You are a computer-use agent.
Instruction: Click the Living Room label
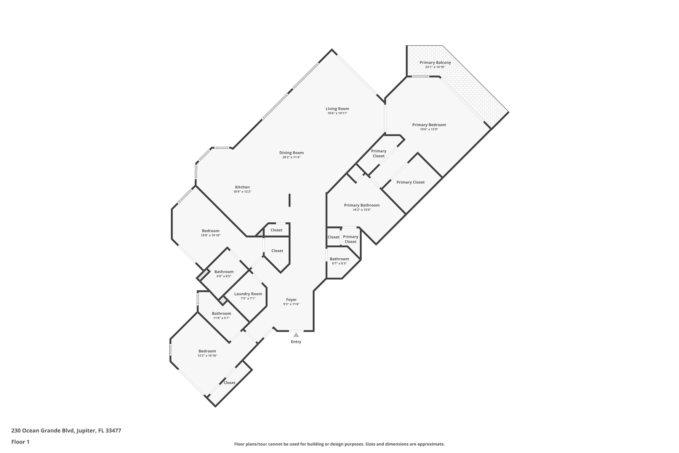click(x=337, y=109)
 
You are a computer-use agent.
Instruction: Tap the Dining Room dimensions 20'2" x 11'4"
click(x=291, y=157)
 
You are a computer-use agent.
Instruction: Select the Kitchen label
click(x=242, y=187)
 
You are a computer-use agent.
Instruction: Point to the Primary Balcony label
click(x=435, y=63)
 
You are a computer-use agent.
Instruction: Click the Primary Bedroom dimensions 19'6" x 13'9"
click(x=429, y=129)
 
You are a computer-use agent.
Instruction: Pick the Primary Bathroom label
click(x=361, y=205)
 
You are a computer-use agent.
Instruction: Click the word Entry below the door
click(x=296, y=342)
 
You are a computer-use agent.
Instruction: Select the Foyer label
click(x=291, y=300)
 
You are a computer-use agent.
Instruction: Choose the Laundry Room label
click(x=248, y=294)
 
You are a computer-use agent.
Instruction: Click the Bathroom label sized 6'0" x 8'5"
click(x=224, y=272)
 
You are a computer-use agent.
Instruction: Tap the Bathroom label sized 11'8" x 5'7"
click(x=221, y=313)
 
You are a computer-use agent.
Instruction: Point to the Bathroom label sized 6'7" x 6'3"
click(x=339, y=259)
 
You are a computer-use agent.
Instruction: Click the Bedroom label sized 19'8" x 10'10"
click(x=210, y=231)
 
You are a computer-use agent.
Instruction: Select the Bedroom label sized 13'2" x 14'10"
click(x=207, y=351)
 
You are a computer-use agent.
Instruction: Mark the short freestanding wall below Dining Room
click(x=289, y=200)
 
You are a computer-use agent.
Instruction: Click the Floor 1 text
click(x=20, y=442)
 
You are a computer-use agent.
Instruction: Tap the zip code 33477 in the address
click(x=113, y=431)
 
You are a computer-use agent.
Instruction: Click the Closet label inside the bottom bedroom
click(x=230, y=383)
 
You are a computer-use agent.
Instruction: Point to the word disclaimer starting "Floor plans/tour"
click(x=339, y=444)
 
